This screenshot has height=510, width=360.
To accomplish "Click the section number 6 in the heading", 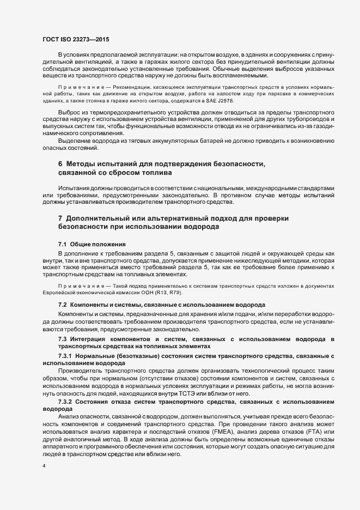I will coord(60,165).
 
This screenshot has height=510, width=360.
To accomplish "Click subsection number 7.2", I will coord(62,303).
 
